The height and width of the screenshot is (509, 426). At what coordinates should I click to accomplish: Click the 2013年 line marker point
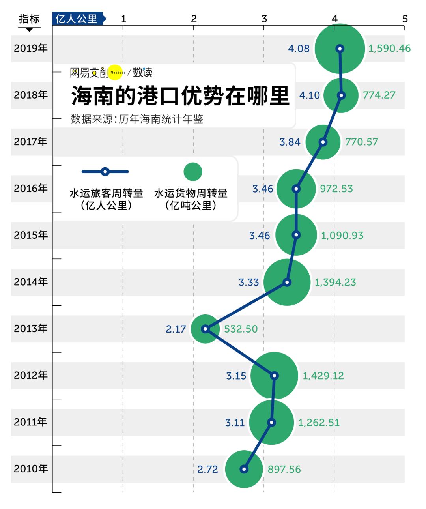click(x=205, y=329)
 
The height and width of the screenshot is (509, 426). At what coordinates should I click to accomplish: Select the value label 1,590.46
click(x=389, y=49)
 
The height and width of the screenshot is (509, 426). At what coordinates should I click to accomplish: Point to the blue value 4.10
click(x=309, y=95)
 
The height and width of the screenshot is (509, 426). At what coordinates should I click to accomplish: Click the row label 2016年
click(x=31, y=189)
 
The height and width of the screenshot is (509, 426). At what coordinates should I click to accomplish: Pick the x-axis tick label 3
click(x=264, y=19)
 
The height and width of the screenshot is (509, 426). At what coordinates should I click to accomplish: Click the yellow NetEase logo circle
click(x=116, y=72)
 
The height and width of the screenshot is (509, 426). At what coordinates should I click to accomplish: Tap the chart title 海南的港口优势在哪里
click(x=180, y=96)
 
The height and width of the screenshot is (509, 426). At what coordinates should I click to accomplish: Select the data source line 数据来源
click(x=137, y=119)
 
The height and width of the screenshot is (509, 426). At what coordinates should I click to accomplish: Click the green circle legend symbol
click(x=193, y=172)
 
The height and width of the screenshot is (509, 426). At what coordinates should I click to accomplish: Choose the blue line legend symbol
click(x=105, y=172)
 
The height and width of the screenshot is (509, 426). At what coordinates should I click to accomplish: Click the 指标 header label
click(x=29, y=19)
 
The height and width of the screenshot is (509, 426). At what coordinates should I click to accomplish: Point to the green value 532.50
click(x=241, y=329)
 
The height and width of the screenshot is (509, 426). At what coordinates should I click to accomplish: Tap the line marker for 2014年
click(x=287, y=282)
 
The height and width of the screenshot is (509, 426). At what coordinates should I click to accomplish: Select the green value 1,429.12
click(x=323, y=376)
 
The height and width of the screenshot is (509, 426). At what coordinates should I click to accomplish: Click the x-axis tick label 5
click(x=405, y=19)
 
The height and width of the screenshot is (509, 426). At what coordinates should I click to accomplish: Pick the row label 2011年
click(x=31, y=422)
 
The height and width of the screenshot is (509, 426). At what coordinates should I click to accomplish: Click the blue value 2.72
click(x=207, y=469)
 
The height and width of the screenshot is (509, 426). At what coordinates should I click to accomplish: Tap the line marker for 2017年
click(x=323, y=142)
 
